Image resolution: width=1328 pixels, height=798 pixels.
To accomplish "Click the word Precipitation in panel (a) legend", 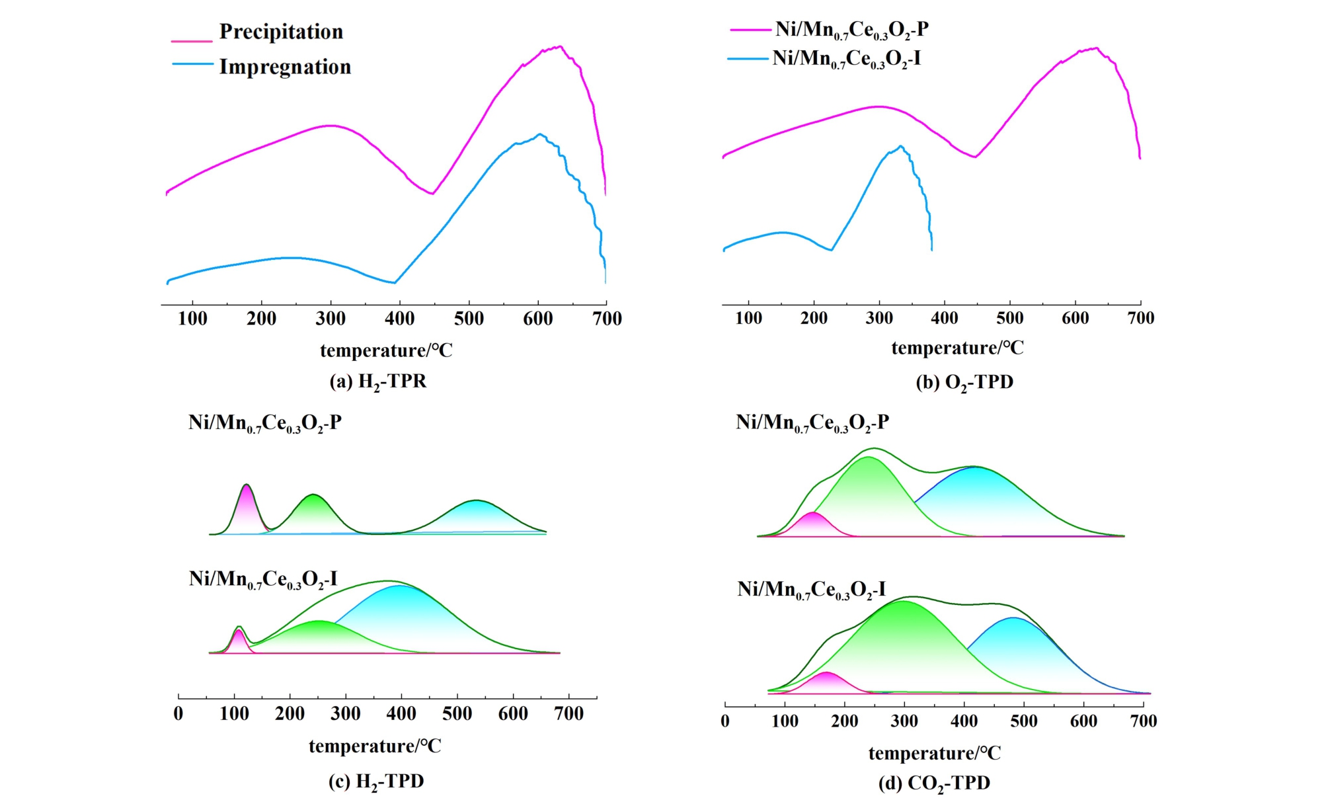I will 281,32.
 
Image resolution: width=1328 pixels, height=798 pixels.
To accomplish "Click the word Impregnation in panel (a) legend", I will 285,67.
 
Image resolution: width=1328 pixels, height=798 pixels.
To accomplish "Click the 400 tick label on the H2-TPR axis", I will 399,319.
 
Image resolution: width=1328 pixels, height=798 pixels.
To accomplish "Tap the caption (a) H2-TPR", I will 378,382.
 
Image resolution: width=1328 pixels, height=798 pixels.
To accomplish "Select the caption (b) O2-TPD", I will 964,383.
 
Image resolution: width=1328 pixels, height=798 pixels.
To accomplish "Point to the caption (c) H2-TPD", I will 376,782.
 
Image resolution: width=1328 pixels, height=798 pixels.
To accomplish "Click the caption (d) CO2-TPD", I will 934,783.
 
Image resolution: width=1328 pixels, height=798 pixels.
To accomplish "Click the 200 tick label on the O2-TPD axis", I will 814,318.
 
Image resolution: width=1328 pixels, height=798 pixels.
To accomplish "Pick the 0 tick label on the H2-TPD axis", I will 178,714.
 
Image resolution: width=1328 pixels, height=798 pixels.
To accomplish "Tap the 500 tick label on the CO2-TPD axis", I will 1024,721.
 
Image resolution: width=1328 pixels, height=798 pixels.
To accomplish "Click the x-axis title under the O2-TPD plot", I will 957,348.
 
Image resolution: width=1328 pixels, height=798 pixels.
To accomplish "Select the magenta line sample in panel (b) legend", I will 750,30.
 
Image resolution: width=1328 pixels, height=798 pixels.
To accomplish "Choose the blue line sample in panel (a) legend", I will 192,64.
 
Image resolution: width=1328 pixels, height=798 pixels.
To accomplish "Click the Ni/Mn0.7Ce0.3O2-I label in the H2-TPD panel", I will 263,580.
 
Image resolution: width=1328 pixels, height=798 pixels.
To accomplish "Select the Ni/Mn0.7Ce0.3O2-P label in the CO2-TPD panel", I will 812,422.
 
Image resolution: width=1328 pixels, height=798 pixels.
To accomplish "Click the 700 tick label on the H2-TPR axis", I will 607,319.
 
